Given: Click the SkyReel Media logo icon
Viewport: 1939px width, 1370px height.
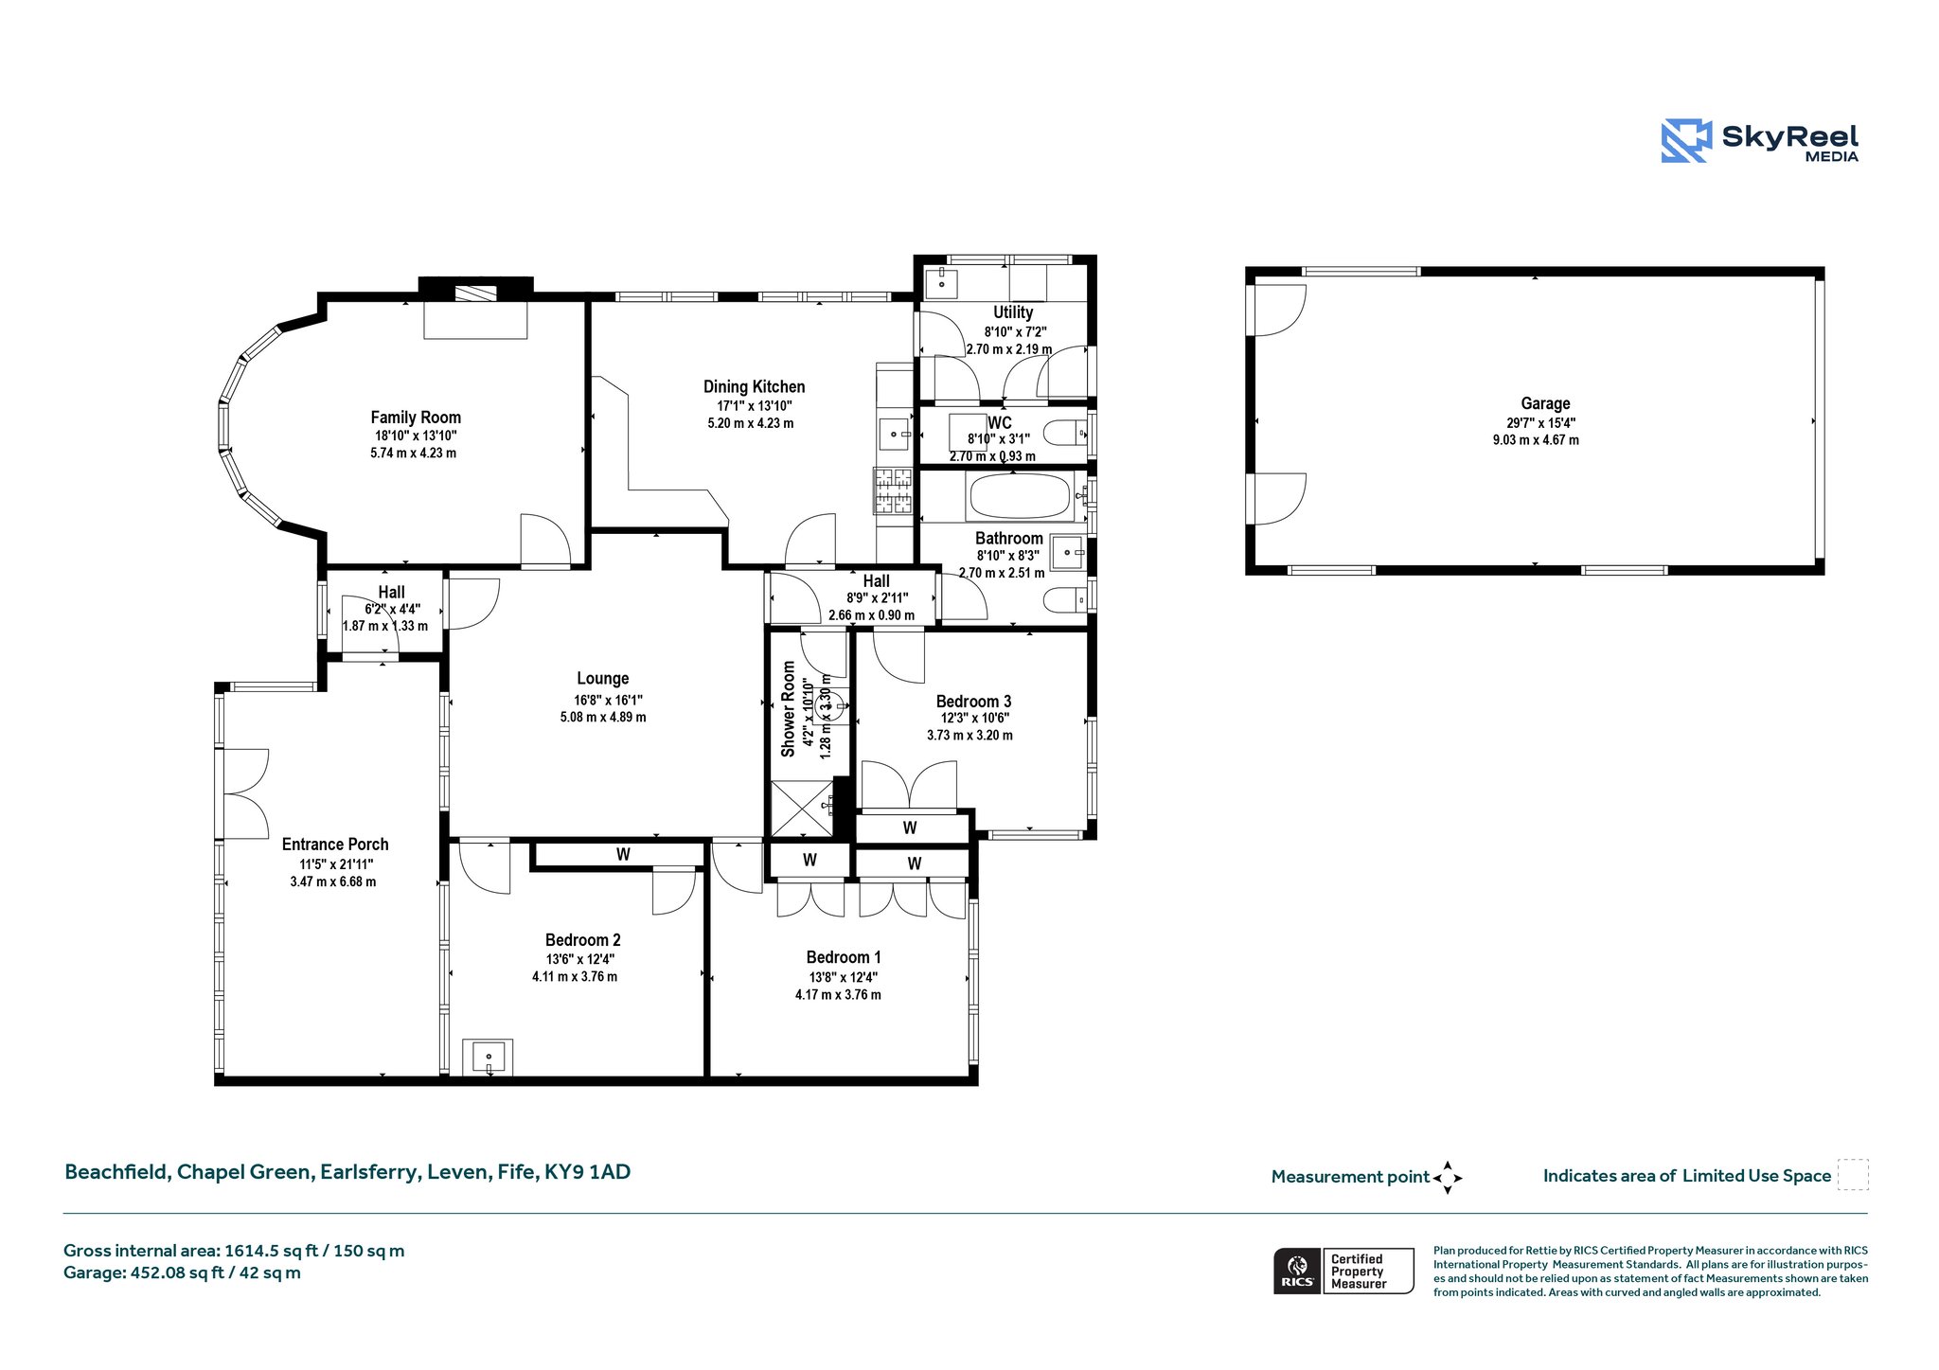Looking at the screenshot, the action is click(1686, 141).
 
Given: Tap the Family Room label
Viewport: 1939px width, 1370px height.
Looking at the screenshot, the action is click(416, 418).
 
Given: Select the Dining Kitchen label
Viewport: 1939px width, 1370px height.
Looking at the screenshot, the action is click(754, 386).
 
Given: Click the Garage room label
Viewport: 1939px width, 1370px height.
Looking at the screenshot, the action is click(1545, 403).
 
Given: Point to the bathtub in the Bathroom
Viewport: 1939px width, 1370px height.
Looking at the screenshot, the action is click(1020, 496).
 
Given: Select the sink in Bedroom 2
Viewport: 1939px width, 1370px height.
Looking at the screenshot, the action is click(488, 1057).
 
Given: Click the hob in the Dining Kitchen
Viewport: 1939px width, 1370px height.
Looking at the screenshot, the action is click(893, 492).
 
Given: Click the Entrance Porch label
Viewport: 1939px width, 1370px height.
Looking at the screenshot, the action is click(335, 845).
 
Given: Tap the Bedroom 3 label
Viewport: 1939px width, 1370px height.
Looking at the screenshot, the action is click(973, 702).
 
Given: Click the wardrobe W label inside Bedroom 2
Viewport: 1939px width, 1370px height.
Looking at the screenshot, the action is click(623, 854).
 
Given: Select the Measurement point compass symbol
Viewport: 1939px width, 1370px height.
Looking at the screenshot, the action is click(1448, 1178).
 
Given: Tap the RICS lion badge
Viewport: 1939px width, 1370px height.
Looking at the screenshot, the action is click(1297, 1271).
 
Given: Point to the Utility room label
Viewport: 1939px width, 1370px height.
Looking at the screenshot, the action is click(1013, 312).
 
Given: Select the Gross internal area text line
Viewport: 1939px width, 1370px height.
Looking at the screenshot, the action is click(234, 1251).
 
